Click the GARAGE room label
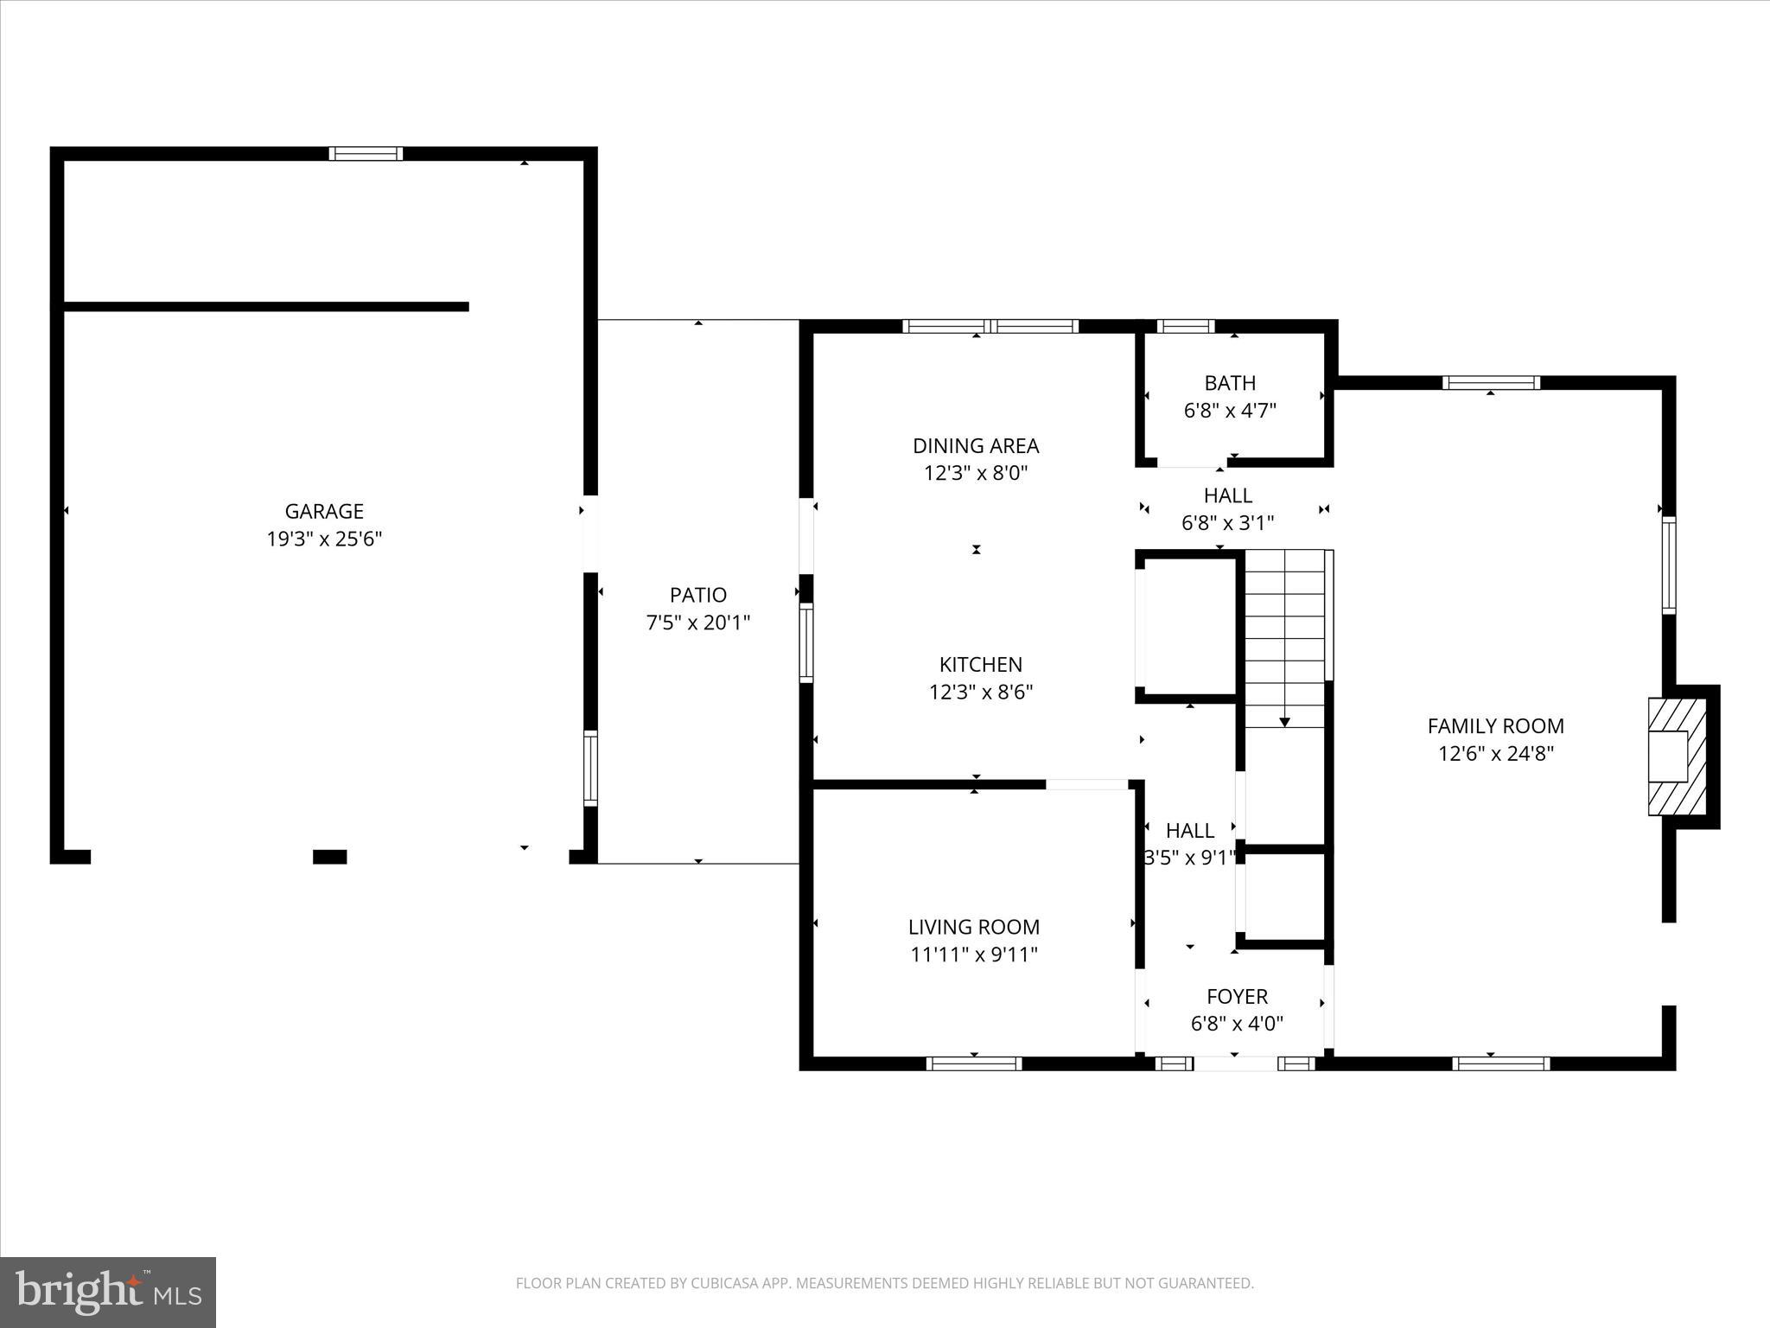[x=324, y=511]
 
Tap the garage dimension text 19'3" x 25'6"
[x=324, y=539]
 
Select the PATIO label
[x=698, y=595]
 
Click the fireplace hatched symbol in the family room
[x=1678, y=757]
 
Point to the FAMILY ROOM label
[x=1495, y=726]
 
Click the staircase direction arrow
[x=1284, y=720]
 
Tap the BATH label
[x=1230, y=383]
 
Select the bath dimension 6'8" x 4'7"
[x=1230, y=411]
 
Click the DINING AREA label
[x=976, y=446]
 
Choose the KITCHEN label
[x=981, y=665]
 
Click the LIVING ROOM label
[x=974, y=927]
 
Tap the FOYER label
[x=1237, y=996]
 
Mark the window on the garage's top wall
[x=366, y=154]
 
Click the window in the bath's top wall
[x=1186, y=326]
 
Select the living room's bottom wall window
[x=974, y=1063]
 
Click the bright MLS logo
[x=108, y=1293]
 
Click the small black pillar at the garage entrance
[x=329, y=857]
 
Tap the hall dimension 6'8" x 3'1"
[x=1227, y=523]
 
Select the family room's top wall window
[x=1491, y=383]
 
